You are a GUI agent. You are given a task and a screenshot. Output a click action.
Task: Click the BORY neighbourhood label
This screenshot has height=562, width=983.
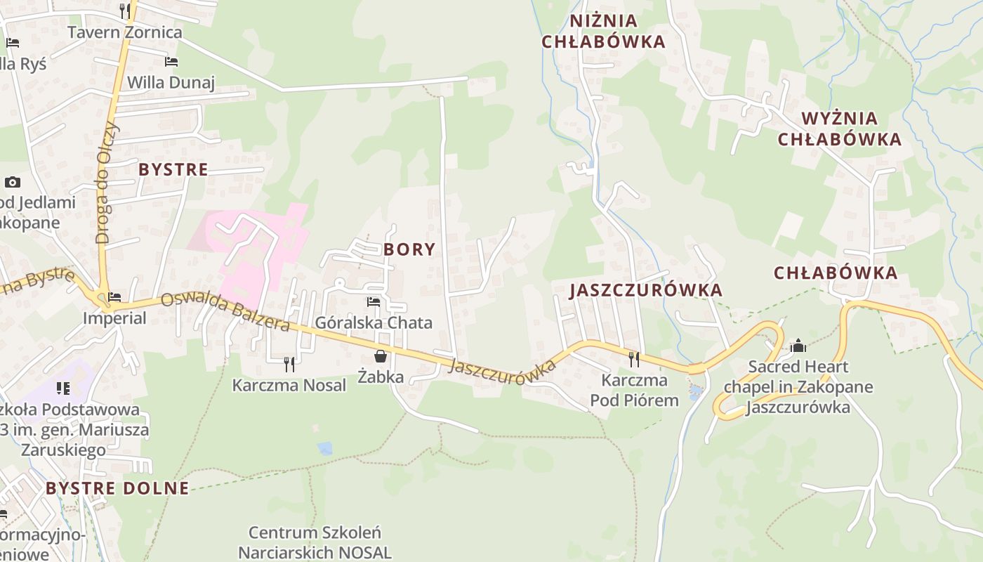(409, 249)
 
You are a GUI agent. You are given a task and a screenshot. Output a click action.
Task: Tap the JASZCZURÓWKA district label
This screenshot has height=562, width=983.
(646, 290)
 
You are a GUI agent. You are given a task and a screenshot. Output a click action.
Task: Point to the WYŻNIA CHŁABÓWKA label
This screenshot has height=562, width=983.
(840, 129)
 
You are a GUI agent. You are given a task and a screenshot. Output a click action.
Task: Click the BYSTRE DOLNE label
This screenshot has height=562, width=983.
(117, 488)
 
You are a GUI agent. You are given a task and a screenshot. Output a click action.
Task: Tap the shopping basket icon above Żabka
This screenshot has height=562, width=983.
(380, 356)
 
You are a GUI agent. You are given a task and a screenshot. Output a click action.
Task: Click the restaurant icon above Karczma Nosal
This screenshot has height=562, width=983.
(289, 364)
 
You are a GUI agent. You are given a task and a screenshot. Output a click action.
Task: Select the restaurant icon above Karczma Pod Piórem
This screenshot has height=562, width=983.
(634, 360)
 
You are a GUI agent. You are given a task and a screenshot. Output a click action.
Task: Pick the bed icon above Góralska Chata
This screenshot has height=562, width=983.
(374, 302)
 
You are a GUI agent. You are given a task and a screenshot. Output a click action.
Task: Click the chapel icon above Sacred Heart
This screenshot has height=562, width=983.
(798, 346)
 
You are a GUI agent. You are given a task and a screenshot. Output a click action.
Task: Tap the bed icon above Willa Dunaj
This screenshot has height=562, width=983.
(171, 62)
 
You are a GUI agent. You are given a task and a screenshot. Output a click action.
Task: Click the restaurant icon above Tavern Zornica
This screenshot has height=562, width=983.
(125, 11)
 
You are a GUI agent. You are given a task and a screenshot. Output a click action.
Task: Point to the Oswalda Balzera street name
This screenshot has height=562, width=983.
(225, 312)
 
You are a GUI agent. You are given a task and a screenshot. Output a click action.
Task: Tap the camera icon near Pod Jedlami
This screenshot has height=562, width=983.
(12, 183)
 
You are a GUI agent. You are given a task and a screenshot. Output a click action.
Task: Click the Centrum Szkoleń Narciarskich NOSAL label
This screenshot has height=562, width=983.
(315, 542)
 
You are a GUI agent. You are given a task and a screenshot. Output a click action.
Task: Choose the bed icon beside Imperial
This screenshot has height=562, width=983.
(114, 297)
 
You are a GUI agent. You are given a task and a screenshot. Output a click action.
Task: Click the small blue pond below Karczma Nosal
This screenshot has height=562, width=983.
(324, 448)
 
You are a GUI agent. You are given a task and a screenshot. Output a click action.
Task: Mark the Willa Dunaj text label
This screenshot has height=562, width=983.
(171, 82)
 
